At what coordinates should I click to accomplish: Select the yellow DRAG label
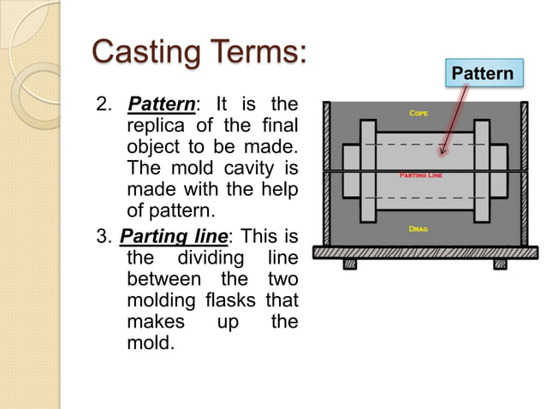click(x=418, y=229)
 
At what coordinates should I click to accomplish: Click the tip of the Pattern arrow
click(x=442, y=155)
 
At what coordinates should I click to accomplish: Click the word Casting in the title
click(x=144, y=52)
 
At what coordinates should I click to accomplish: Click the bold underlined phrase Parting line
click(x=168, y=236)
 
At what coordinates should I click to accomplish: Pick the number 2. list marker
click(x=104, y=106)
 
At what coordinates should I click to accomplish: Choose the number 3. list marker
click(x=104, y=236)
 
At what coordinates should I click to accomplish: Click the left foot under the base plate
click(x=349, y=264)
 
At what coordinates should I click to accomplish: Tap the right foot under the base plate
click(x=500, y=264)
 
